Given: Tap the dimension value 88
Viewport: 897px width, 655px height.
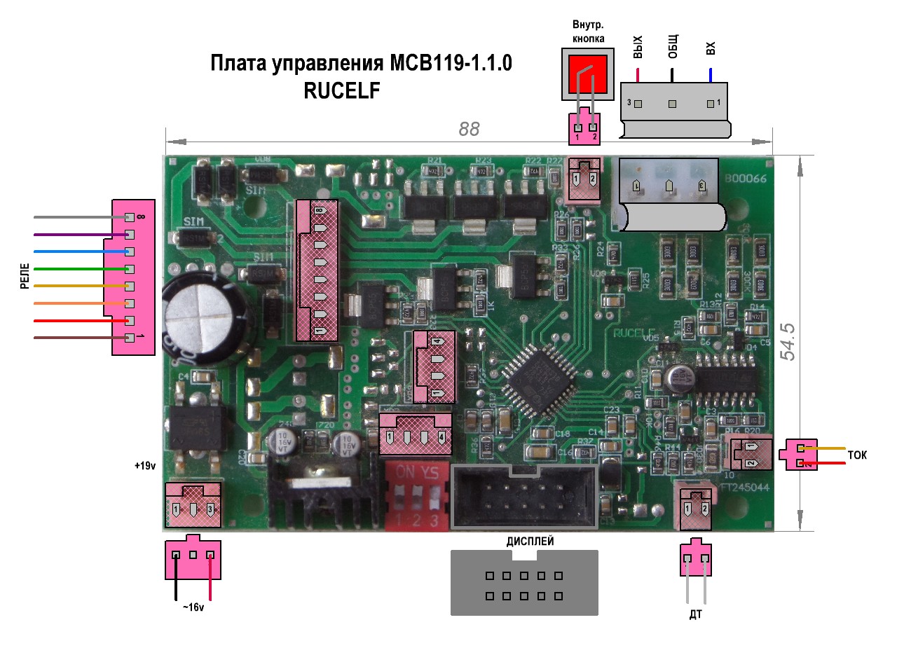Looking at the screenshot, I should [x=469, y=129].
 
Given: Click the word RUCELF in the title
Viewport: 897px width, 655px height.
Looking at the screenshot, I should [x=342, y=90].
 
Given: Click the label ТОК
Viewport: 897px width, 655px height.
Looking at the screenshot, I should [x=857, y=455].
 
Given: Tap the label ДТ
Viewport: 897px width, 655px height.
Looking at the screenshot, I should [x=695, y=615].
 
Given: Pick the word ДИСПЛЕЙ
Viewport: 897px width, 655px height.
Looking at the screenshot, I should [x=530, y=541].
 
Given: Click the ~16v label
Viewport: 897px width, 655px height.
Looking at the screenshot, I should [x=193, y=607].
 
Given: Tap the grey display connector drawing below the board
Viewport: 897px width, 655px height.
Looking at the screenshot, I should [x=524, y=582].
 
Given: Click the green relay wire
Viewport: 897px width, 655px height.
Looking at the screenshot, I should [x=77, y=269].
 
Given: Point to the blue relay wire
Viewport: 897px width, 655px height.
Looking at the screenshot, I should [x=77, y=251].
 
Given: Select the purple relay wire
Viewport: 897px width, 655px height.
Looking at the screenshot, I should [x=77, y=235].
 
